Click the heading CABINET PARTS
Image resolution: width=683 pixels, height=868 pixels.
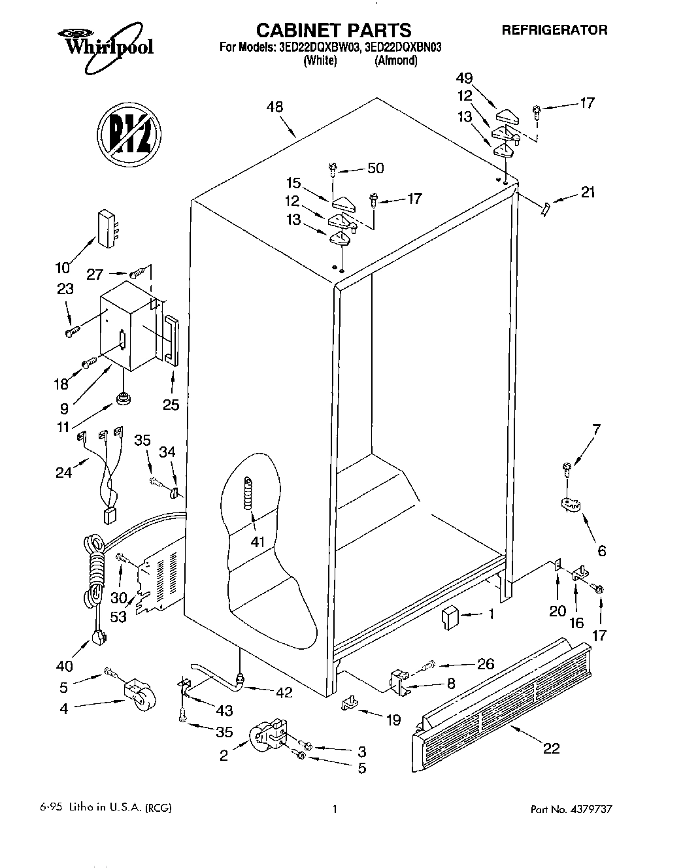point(333,29)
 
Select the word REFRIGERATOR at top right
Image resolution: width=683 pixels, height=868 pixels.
point(554,29)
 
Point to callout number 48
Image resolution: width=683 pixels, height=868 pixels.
point(275,107)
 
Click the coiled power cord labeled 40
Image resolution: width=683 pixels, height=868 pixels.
point(93,575)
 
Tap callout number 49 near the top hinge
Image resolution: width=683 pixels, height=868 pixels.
point(465,77)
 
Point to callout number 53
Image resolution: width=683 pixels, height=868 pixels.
point(118,618)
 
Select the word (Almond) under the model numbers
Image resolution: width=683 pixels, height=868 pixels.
point(395,61)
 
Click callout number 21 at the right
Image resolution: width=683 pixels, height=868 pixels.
point(587,193)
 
